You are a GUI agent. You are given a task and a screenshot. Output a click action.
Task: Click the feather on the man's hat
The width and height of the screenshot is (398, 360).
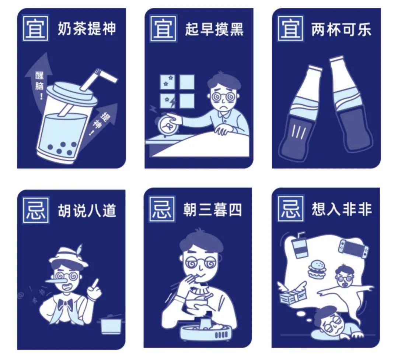tap(80, 248)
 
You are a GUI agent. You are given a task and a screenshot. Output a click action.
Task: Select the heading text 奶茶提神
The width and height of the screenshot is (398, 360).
tap(87, 28)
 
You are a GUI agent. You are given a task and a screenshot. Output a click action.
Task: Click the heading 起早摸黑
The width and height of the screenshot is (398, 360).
tap(214, 29)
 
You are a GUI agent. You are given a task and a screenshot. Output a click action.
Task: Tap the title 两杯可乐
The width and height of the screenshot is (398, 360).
tap(342, 29)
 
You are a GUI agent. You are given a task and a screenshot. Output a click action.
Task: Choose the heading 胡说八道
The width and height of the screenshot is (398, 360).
tap(87, 211)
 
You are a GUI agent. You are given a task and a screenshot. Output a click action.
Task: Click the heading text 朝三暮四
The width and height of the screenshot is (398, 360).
tap(213, 210)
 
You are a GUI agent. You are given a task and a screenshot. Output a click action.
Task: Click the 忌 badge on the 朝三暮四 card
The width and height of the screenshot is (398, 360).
tap(162, 208)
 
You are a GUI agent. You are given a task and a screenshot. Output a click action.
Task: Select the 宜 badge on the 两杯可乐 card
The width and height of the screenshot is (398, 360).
tap(290, 28)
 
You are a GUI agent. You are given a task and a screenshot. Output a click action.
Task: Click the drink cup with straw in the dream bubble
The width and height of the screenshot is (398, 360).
tap(300, 244)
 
